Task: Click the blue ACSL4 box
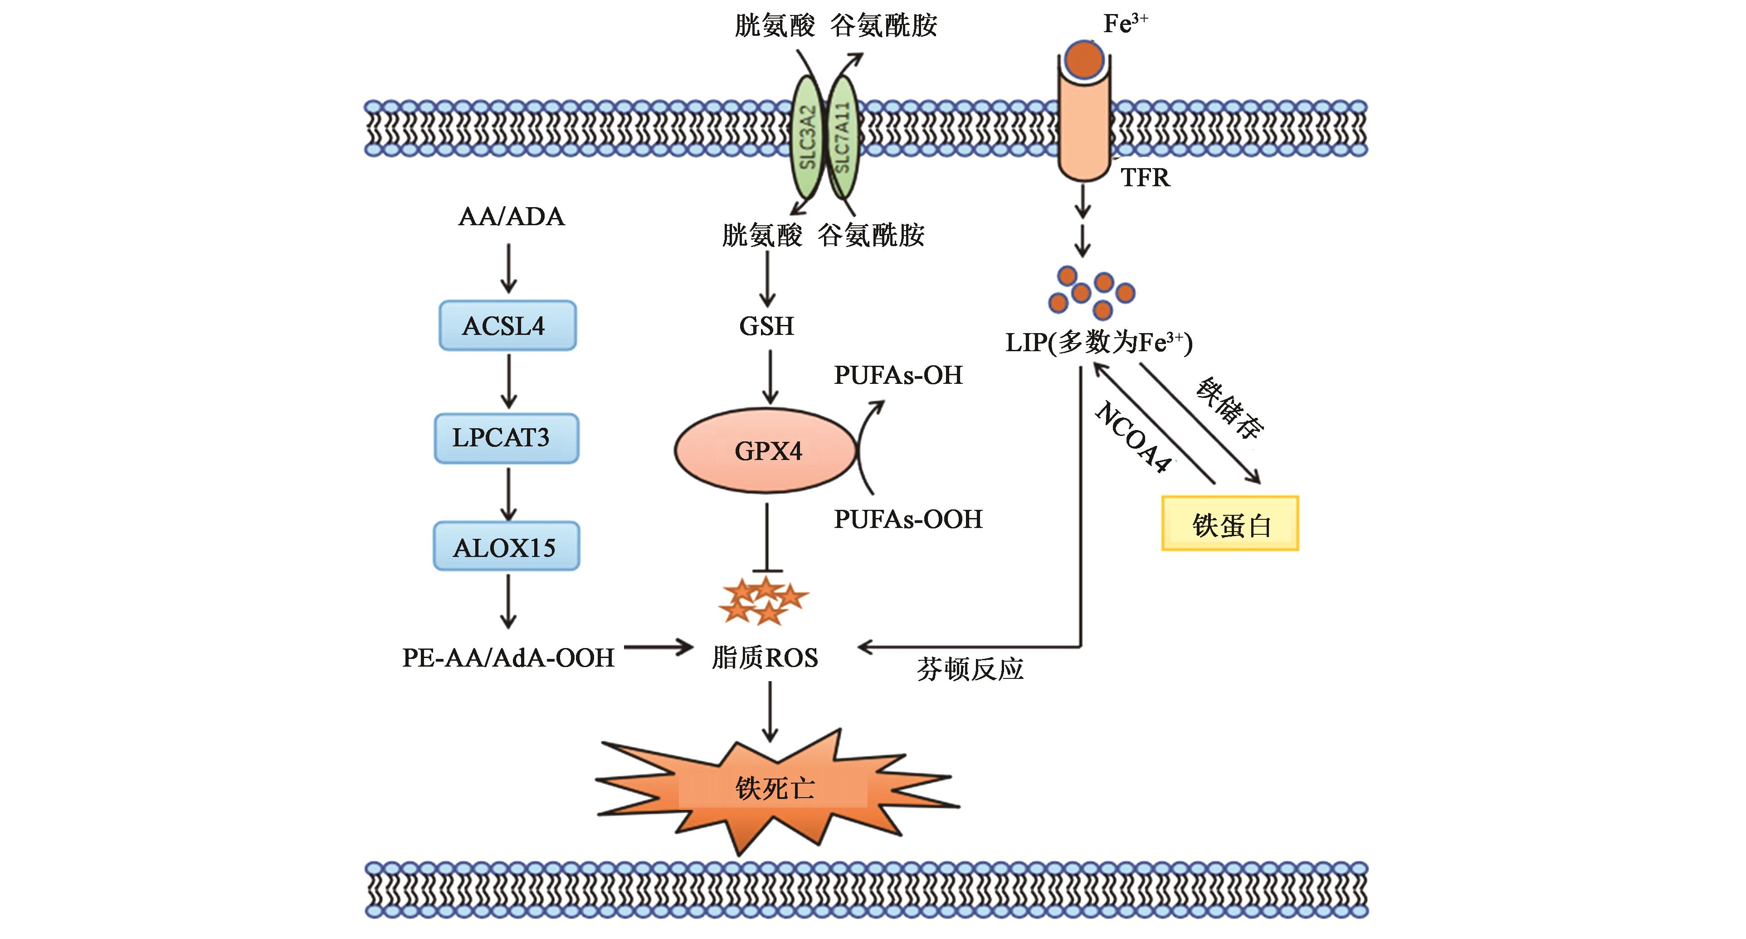(x=507, y=326)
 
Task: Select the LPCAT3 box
(x=506, y=438)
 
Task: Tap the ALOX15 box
(x=506, y=546)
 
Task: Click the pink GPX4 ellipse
(x=766, y=450)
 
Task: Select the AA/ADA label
(x=511, y=217)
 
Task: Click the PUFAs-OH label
(x=898, y=375)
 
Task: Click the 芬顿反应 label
(x=970, y=669)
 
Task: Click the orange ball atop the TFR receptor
(x=1084, y=58)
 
